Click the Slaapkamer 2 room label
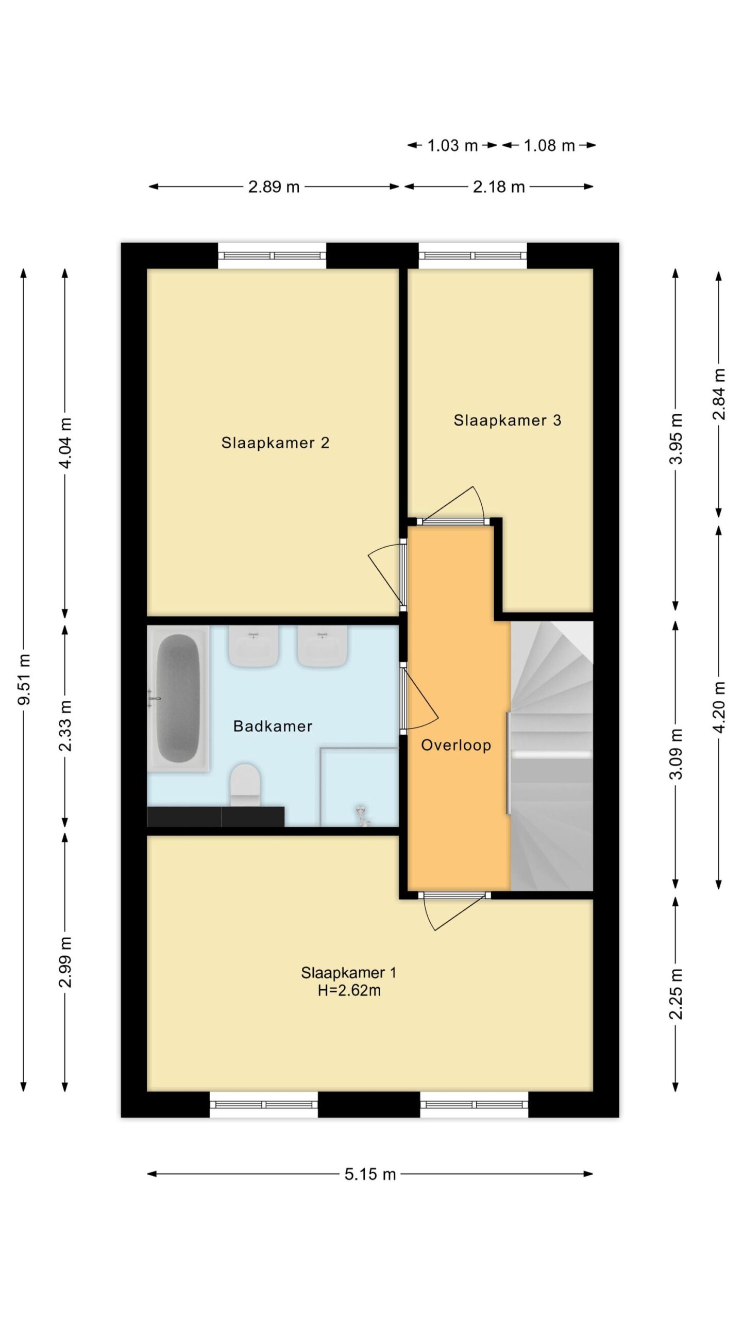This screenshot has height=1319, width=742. (275, 443)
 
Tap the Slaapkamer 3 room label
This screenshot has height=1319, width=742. (507, 420)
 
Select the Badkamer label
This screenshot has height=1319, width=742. (273, 726)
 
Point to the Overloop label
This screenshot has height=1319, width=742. (456, 745)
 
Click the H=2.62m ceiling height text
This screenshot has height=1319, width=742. (349, 990)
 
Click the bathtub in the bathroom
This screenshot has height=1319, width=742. (178, 699)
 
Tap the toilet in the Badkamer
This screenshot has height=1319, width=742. (245, 785)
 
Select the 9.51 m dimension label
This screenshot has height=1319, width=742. (24, 679)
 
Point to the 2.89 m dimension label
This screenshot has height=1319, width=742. (274, 187)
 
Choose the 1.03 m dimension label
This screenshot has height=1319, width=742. (452, 146)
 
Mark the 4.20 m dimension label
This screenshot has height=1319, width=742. (719, 707)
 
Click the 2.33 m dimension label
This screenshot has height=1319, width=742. (65, 726)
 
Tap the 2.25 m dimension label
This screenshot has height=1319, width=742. (676, 994)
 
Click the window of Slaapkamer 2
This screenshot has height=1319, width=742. (272, 256)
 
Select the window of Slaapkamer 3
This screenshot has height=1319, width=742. (473, 256)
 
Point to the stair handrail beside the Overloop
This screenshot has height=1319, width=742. (509, 763)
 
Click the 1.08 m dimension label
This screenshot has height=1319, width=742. (549, 146)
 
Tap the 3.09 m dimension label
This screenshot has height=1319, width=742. (676, 754)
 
